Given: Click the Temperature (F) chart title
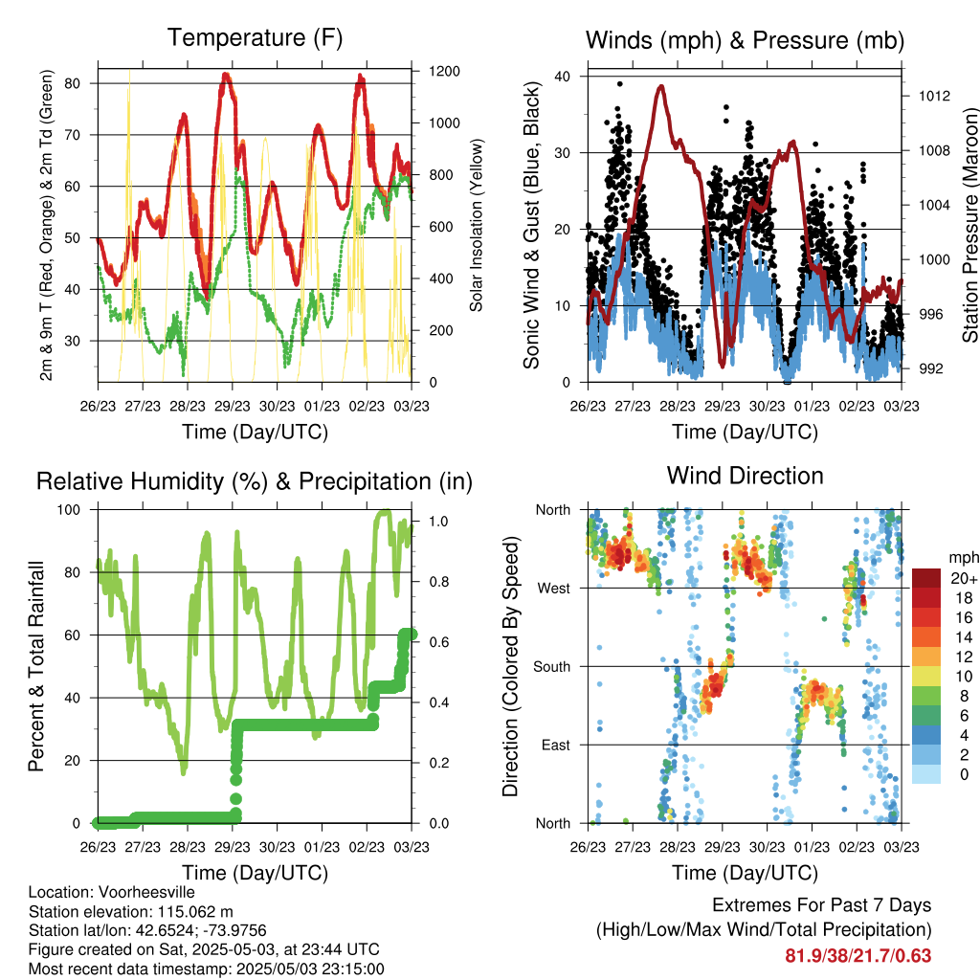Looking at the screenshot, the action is tap(255, 37).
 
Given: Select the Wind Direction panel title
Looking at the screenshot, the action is tap(745, 476).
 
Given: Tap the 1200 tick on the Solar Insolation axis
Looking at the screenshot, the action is tap(444, 71).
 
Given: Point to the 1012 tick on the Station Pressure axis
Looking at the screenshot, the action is tap(934, 96).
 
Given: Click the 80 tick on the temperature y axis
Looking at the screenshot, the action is tap(73, 83).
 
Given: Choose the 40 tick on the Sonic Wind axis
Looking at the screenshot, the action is tap(563, 77).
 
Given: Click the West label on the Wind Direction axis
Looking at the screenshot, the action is tap(554, 589).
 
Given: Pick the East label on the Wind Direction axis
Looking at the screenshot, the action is tap(556, 745).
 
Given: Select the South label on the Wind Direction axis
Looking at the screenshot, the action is tap(552, 667).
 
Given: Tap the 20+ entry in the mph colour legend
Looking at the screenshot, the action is tap(964, 578).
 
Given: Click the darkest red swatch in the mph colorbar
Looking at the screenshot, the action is tap(926, 578).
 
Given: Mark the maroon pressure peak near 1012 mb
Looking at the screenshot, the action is tap(660, 86).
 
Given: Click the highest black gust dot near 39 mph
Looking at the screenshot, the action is tap(619, 84).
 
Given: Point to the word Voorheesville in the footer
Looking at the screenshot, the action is tap(146, 892).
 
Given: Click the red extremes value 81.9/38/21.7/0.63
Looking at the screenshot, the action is tap(858, 956).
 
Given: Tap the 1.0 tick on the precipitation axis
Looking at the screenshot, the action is tap(438, 522).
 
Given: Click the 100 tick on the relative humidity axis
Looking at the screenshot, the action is tap(69, 509).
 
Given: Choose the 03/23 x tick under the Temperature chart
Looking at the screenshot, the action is tap(412, 406).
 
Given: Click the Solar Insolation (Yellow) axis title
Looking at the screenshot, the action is tap(477, 225).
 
